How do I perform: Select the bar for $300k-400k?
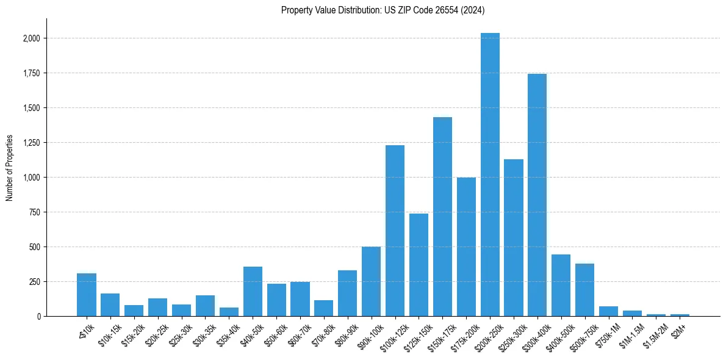click(537, 195)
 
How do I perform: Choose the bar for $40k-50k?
click(253, 292)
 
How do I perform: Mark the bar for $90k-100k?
click(371, 281)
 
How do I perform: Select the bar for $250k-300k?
click(514, 238)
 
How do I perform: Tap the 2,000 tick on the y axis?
click(32, 38)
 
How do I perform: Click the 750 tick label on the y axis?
click(35, 212)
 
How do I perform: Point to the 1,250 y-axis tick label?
click(32, 143)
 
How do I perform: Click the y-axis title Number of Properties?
click(10, 168)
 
